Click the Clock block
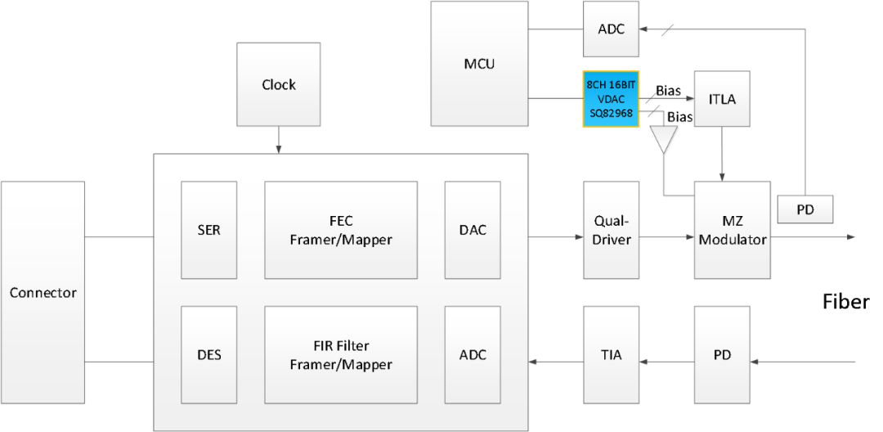278,85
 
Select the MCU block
479,64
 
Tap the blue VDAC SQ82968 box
610,99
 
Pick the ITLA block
721,99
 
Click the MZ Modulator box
732,230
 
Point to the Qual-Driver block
611,230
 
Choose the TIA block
611,355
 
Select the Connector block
43,292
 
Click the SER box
208,230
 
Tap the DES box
208,355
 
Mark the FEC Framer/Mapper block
340,230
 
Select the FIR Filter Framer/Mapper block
340,355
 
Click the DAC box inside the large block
473,230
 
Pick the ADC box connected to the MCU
611,29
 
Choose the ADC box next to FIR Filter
473,355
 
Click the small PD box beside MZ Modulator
805,209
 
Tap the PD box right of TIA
721,355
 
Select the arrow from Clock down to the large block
278,140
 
